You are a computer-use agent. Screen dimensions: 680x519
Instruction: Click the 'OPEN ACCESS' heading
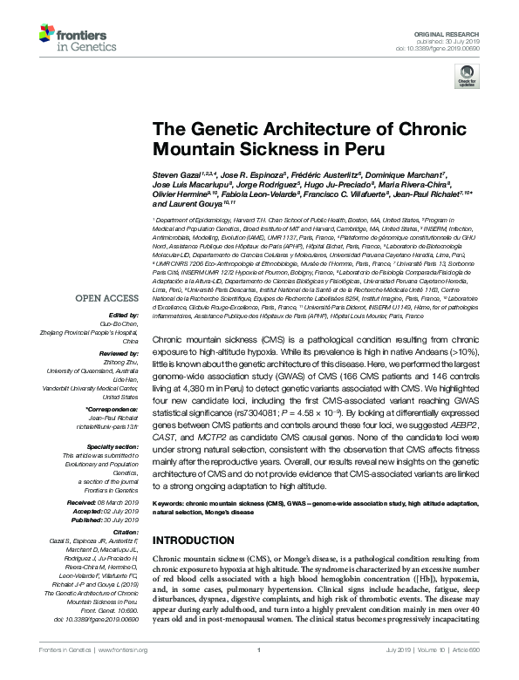tap(107, 298)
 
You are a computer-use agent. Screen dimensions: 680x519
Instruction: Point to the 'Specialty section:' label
tap(112, 446)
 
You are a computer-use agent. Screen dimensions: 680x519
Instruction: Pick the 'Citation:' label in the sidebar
tap(125, 531)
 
